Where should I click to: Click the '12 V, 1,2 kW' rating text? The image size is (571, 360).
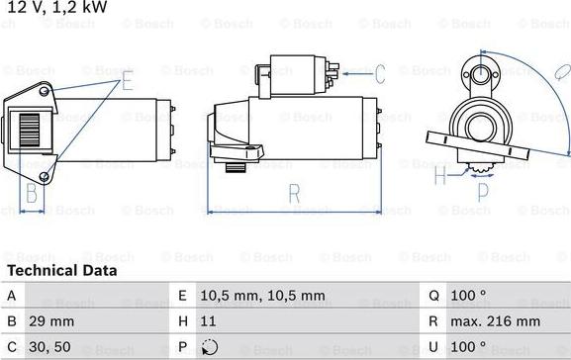56,9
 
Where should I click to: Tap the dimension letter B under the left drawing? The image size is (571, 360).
31,192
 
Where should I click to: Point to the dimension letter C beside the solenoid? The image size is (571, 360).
378,72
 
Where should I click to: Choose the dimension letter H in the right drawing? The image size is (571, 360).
440,176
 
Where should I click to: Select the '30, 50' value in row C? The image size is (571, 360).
50,348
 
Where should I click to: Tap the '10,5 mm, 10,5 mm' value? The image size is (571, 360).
261,295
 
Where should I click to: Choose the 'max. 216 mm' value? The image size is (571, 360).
497,321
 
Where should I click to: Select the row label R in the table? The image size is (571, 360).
433,321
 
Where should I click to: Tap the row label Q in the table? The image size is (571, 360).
433,295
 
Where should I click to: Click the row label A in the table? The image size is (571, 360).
11,295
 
